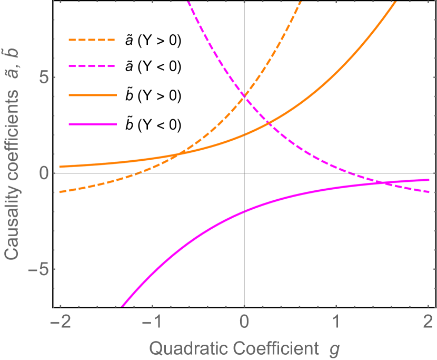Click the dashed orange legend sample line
[x=92, y=40]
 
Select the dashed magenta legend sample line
[x=92, y=66]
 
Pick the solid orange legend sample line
[x=92, y=95]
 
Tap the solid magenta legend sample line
[x=92, y=124]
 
